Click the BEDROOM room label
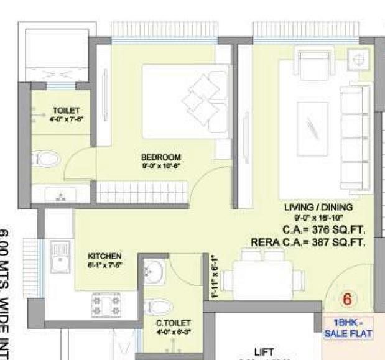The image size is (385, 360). click(x=160, y=157)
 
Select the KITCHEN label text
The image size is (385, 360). click(x=104, y=256)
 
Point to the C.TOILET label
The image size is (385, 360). click(x=174, y=323)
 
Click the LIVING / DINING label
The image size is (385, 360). click(x=318, y=207)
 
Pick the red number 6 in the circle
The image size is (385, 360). click(x=347, y=300)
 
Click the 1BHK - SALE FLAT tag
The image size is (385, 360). click(x=348, y=329)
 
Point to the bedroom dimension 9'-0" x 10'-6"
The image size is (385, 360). click(x=160, y=166)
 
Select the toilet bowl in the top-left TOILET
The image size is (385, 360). click(x=47, y=159)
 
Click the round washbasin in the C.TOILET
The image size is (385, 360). click(x=154, y=272)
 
